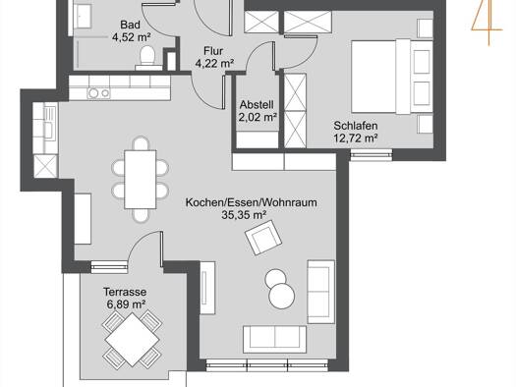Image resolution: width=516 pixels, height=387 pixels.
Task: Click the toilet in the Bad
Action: click(x=147, y=58)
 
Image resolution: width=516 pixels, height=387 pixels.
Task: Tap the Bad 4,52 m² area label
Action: click(x=131, y=30)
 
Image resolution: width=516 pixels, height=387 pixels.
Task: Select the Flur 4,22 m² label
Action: click(x=214, y=57)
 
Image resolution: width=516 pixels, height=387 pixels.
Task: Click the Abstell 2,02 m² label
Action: click(x=257, y=111)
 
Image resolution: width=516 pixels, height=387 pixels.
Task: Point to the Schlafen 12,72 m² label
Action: click(x=356, y=132)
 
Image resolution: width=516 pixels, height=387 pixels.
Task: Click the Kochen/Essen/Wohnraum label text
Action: click(x=252, y=202)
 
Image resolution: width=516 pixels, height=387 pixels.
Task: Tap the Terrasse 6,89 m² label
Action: click(x=126, y=298)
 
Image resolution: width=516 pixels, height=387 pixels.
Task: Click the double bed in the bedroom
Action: click(x=391, y=77)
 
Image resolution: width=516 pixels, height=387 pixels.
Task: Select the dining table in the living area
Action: click(x=141, y=180)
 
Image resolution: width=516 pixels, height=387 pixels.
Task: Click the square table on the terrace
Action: click(x=132, y=340)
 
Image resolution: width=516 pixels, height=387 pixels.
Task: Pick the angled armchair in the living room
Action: click(x=263, y=237)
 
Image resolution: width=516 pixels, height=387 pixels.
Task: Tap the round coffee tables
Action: click(x=279, y=289)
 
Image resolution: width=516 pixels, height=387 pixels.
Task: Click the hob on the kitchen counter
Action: click(x=98, y=93)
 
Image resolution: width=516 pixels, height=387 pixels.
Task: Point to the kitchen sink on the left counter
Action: click(x=48, y=125)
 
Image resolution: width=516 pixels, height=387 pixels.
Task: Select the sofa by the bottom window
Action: click(x=275, y=340)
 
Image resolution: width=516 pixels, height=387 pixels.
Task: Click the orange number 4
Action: click(x=487, y=22)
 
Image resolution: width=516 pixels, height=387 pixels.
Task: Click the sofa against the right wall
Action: click(x=320, y=292)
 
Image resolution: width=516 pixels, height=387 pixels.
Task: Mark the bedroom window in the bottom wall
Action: click(x=372, y=155)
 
